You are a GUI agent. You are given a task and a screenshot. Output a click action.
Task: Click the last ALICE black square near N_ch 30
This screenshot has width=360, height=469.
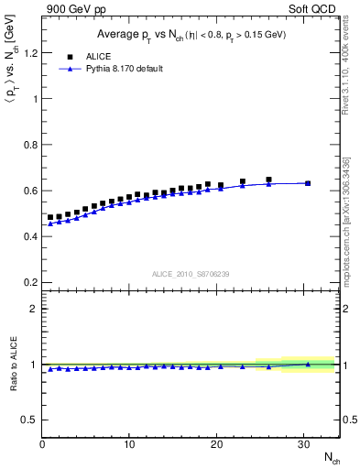[x=308, y=183]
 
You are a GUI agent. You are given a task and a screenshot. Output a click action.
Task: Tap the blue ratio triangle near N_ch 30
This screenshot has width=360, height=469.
[x=308, y=364]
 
